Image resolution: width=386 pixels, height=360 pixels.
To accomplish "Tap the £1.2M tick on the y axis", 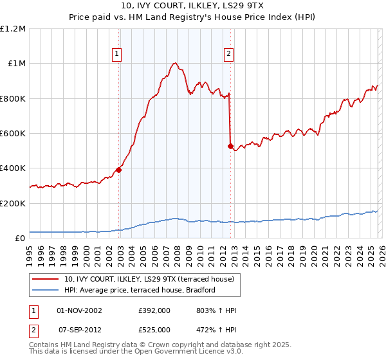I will tap(13, 29).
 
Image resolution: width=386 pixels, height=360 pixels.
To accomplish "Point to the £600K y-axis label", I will tap(13, 134).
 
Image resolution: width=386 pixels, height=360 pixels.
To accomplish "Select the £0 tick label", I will tap(20, 239).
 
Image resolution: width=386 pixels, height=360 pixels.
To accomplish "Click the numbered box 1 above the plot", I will tap(116, 55).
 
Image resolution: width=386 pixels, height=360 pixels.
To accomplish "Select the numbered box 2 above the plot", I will tap(228, 55).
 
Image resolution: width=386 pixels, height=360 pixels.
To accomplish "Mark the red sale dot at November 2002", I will tap(118, 170).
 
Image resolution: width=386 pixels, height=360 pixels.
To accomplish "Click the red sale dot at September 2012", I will tap(230, 147).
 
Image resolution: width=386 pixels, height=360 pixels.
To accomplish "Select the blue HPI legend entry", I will tap(140, 290).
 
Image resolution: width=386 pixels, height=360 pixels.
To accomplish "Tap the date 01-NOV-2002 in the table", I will tap(80, 310).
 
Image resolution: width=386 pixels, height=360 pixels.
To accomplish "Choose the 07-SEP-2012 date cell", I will tap(80, 330).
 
